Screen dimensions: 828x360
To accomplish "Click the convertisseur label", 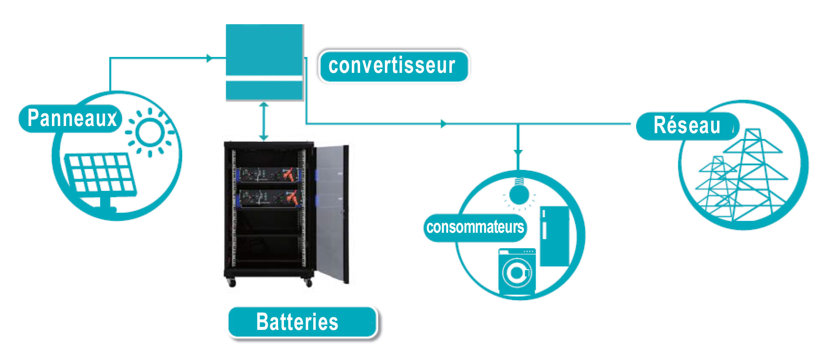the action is click(x=393, y=66).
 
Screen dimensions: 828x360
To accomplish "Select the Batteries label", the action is click(x=302, y=322).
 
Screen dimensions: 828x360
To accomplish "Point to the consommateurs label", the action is click(x=475, y=227).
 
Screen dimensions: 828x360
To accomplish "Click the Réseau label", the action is click(x=687, y=126).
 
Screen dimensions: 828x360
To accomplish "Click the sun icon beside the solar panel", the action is click(x=150, y=132).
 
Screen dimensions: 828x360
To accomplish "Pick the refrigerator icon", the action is click(x=555, y=237).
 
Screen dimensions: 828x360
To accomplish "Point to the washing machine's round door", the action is click(x=517, y=273).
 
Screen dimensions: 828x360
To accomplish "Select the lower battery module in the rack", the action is click(x=268, y=198).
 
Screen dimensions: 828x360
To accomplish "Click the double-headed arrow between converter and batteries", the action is click(x=263, y=121).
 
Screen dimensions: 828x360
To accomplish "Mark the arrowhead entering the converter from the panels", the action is click(x=210, y=58).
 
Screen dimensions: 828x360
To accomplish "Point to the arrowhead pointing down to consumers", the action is click(x=518, y=153).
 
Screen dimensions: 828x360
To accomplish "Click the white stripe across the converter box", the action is click(x=264, y=78).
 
